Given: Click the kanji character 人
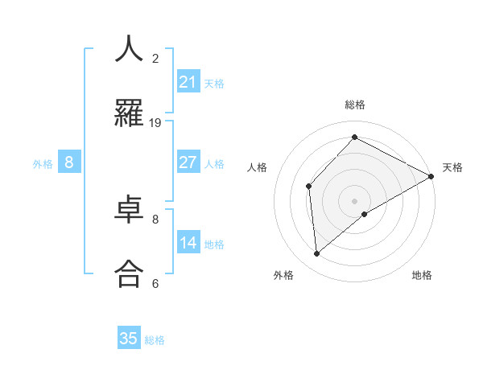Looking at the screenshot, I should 129,50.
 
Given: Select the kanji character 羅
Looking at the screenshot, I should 129,113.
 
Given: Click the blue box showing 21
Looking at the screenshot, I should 188,82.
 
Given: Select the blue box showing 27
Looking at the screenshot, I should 188,162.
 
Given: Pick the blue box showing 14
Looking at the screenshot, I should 188,243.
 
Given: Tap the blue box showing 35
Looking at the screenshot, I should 129,339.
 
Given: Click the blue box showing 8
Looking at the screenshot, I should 69,162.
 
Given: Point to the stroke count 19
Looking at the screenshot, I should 155,123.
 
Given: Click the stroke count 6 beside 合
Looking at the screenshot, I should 155,283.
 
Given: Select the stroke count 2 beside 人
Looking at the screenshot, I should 155,58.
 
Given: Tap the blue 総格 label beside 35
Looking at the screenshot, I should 155,340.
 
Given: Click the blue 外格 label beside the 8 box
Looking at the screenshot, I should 43,164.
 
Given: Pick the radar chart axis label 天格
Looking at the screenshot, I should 452,167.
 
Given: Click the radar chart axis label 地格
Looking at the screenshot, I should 422,275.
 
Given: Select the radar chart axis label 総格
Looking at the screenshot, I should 355,105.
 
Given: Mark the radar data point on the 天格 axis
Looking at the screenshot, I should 431,176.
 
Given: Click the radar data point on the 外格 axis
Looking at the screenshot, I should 317,254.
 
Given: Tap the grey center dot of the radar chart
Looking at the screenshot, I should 354,200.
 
